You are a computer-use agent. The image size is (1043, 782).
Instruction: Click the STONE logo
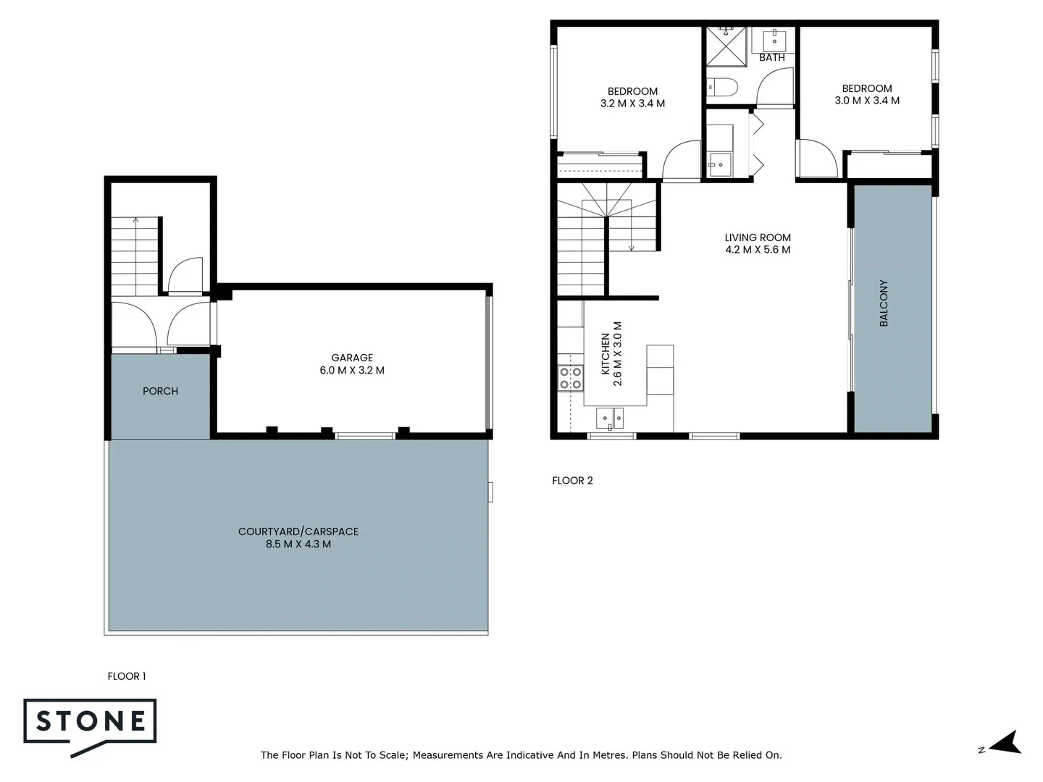click(x=91, y=722)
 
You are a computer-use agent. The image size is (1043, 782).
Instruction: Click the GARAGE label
click(x=352, y=358)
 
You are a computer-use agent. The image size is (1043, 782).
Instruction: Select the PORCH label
click(x=160, y=391)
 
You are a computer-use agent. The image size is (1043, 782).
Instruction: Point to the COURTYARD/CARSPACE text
click(x=298, y=531)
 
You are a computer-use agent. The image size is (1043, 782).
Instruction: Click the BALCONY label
click(x=884, y=303)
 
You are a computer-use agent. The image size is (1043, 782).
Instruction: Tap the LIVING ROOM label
click(x=758, y=237)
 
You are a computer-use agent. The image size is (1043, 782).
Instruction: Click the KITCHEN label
click(x=606, y=354)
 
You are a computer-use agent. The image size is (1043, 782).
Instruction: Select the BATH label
click(x=772, y=57)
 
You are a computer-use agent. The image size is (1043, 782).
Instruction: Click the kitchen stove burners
click(x=571, y=378)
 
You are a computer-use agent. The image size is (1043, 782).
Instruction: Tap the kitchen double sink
click(x=610, y=418)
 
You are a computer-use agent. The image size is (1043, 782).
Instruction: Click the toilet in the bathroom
click(x=722, y=88)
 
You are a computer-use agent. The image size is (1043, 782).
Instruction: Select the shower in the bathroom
click(x=726, y=46)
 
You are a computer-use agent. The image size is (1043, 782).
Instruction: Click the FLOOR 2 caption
click(x=572, y=481)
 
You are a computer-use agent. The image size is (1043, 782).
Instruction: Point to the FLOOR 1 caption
click(x=127, y=676)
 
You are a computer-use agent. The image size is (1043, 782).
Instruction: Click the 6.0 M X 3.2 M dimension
click(x=352, y=371)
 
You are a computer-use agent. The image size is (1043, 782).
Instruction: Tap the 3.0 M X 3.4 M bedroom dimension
click(x=867, y=101)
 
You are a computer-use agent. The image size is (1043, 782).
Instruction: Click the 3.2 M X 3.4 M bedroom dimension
click(x=632, y=104)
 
